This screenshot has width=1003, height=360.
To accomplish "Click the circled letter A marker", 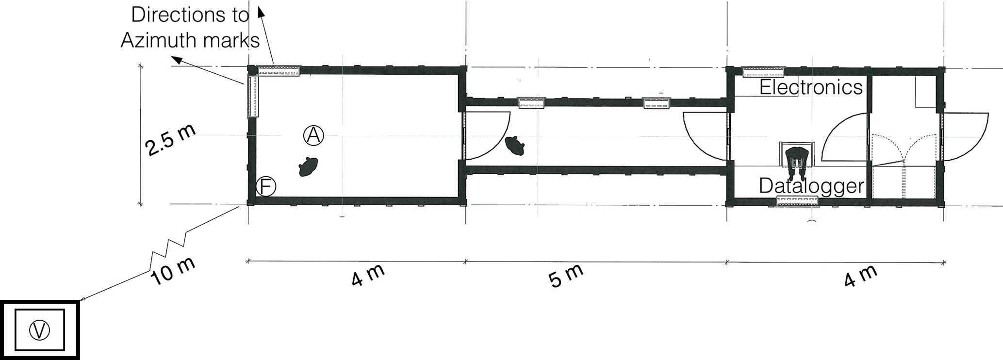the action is (x=313, y=135).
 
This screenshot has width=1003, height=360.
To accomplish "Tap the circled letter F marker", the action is (x=266, y=186).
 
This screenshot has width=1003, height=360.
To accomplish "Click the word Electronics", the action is (x=811, y=87).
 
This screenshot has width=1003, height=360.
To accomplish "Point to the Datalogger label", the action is (x=811, y=186).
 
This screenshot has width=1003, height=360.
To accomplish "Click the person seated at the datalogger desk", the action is (x=797, y=162).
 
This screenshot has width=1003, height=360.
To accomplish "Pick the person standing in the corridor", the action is (x=515, y=146).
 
